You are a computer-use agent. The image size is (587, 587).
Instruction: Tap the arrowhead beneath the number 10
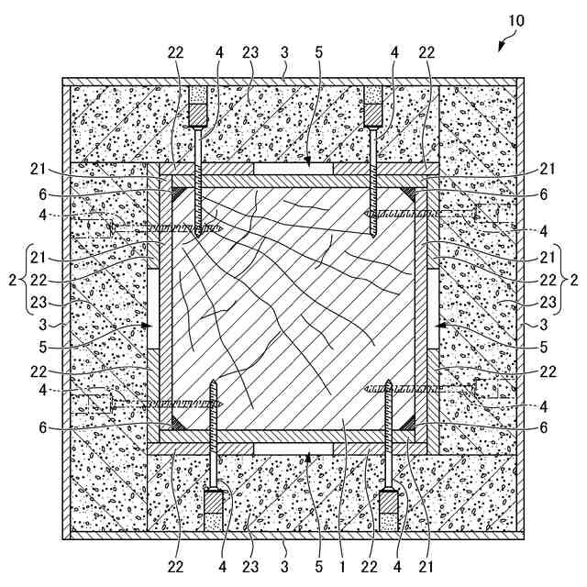pos(501,44)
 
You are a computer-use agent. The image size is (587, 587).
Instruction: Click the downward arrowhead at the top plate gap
pos(307,162)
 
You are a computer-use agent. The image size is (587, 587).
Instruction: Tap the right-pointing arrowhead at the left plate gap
pos(146,325)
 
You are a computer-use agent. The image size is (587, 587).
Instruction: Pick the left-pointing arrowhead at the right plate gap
pos(440,325)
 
